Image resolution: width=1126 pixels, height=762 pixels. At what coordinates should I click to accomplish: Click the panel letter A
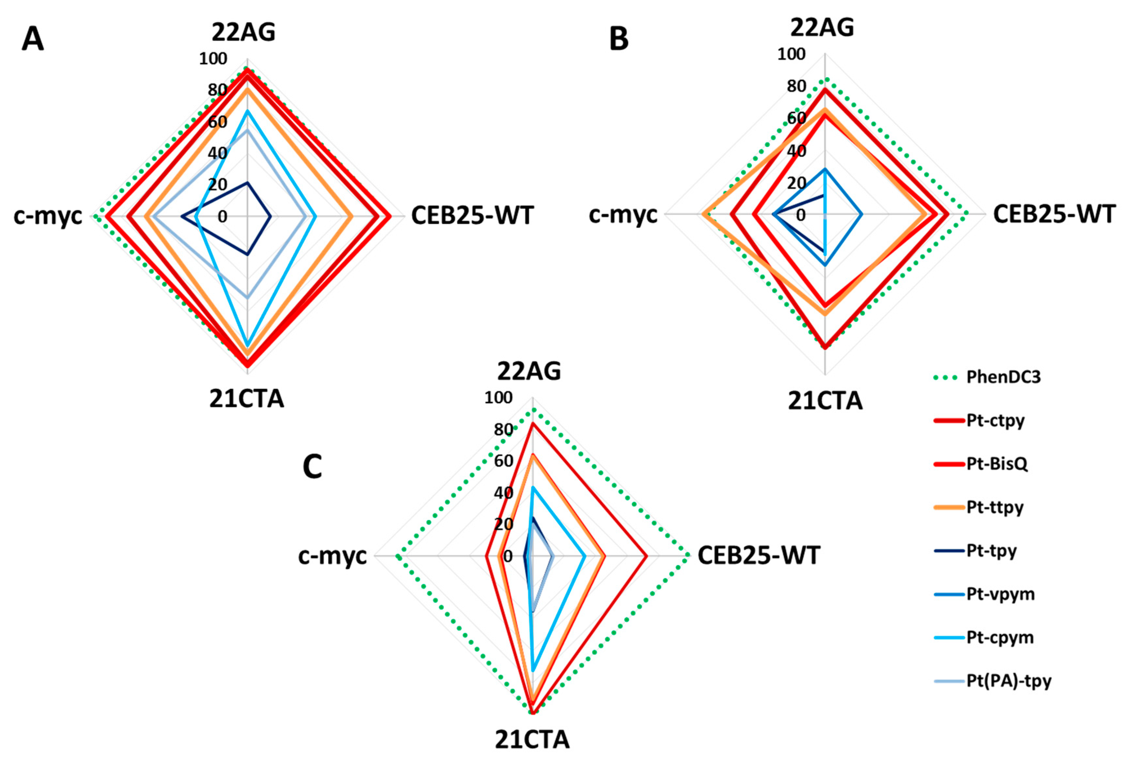pyautogui.click(x=33, y=39)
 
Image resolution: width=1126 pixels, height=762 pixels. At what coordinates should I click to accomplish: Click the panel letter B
pyautogui.click(x=619, y=39)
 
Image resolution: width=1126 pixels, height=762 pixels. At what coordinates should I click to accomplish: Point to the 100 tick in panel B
pyautogui.click(x=791, y=54)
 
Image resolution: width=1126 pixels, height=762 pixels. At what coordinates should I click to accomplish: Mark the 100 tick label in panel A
pyautogui.click(x=213, y=59)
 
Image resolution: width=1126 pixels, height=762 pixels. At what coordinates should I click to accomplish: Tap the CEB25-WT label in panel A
pyautogui.click(x=472, y=215)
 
